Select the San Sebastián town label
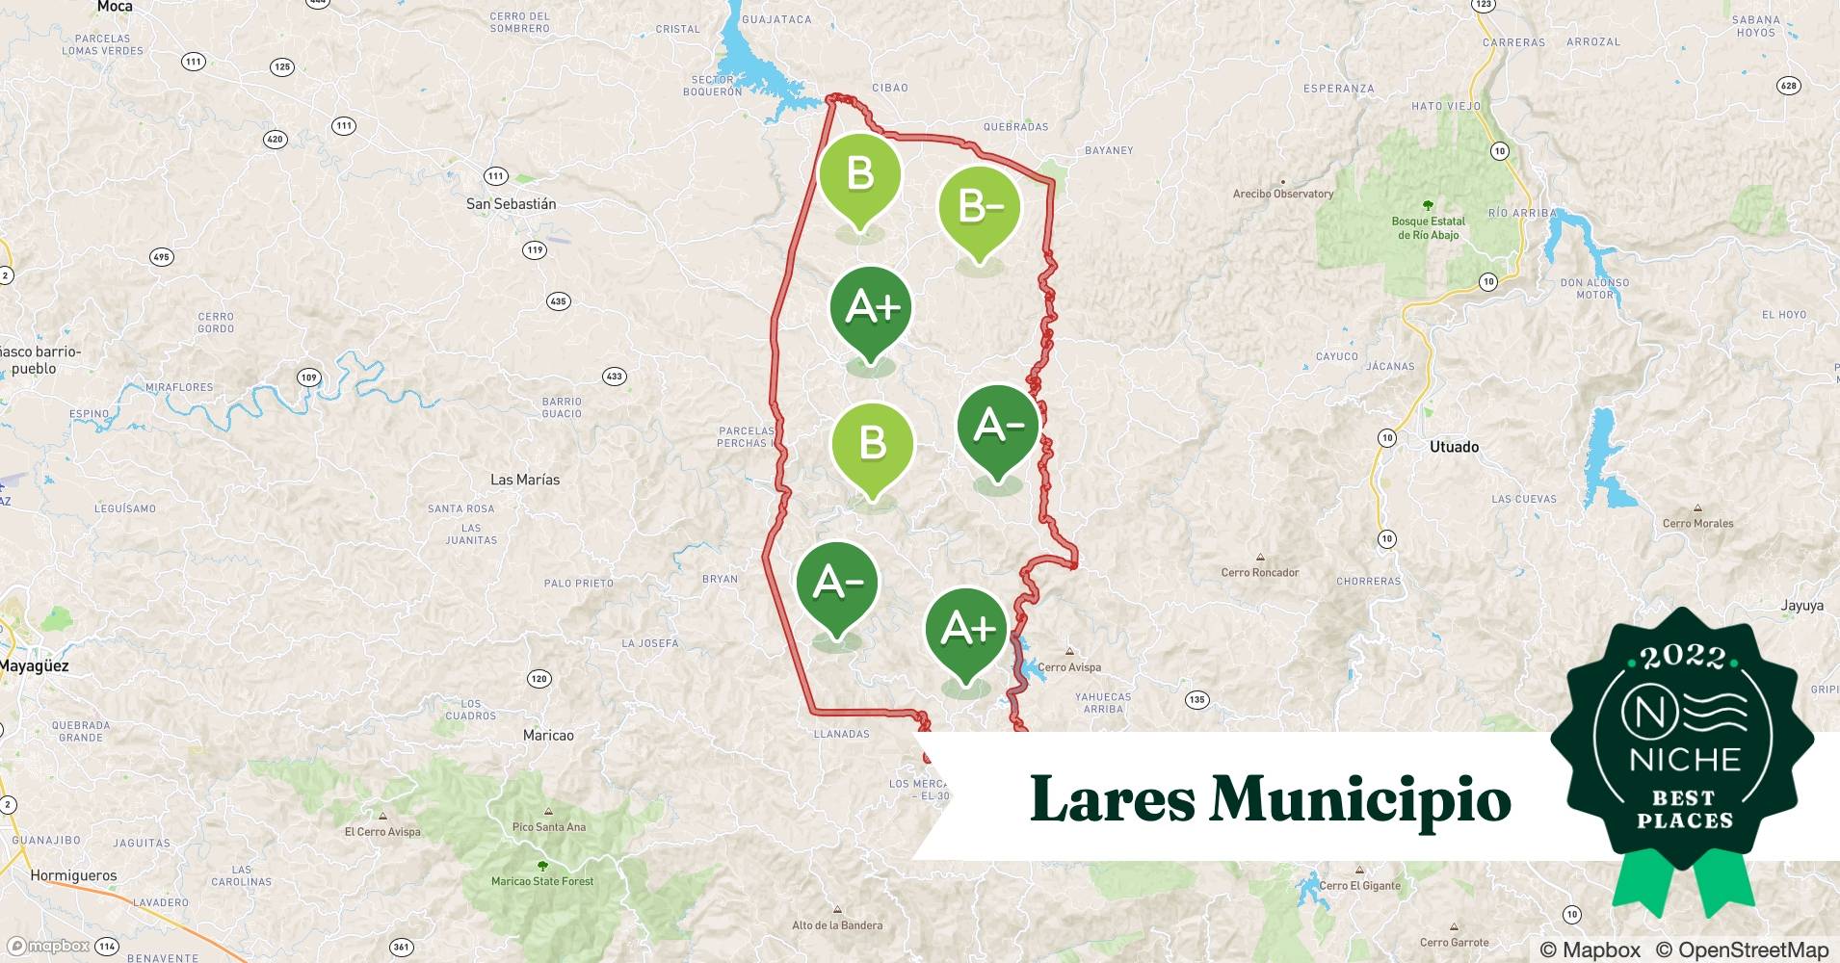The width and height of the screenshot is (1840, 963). pos(511,204)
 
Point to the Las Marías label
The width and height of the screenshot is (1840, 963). pos(524,480)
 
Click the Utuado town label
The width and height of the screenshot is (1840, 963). pos(1454,447)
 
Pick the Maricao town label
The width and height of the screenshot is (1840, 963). pos(548,736)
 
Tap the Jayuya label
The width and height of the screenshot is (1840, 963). pos(1801,606)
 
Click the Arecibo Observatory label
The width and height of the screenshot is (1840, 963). pos(1283,194)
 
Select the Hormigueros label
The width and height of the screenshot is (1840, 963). pos(73,875)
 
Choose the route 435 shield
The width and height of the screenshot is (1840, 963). pos(558,301)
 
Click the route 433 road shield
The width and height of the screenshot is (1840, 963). pos(614,376)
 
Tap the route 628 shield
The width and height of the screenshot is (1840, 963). pos(1788,86)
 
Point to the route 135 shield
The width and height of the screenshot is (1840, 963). pos(1196,700)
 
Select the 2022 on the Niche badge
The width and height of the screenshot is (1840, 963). pos(1683,657)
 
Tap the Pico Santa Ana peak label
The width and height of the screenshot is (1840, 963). pos(548,827)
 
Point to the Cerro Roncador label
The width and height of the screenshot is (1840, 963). pos(1260,572)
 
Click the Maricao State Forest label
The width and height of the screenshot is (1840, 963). pos(542,881)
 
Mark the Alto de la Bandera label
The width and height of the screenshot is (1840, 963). pos(837,925)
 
